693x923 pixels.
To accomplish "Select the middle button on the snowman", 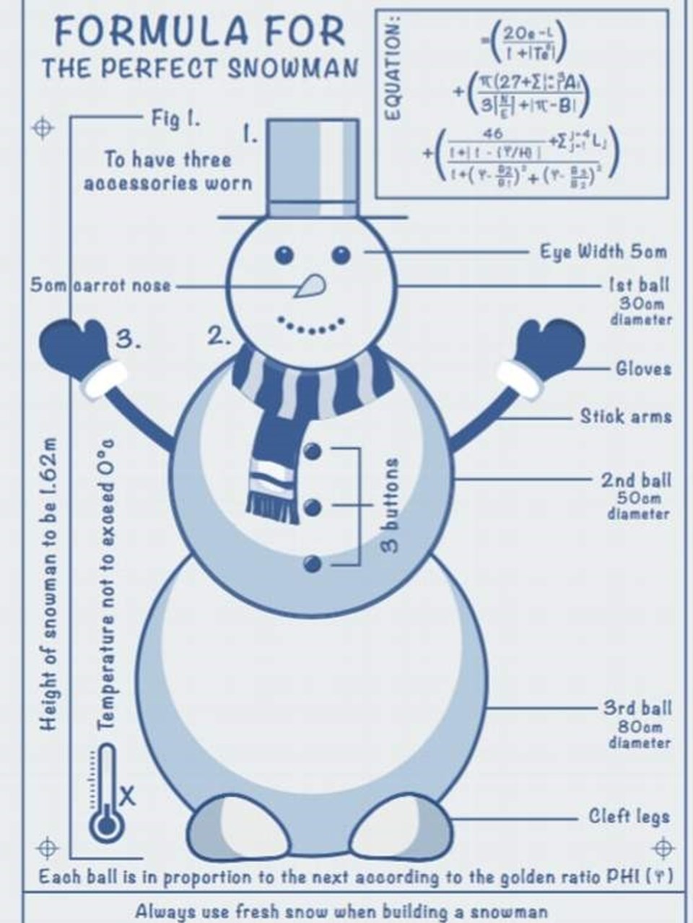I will tap(312, 507).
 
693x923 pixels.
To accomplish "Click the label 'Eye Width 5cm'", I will tap(603, 251).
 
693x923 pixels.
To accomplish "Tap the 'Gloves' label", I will tap(642, 368).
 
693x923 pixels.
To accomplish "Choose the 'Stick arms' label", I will tap(626, 416).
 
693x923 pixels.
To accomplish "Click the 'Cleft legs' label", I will tap(629, 817).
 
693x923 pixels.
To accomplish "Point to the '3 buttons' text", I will tap(391, 505).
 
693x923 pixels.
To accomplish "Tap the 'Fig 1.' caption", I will tap(175, 118).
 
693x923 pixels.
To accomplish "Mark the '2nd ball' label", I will tap(636, 480).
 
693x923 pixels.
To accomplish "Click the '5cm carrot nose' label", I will tap(101, 285).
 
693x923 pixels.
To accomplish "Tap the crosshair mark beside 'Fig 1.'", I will tap(43, 127).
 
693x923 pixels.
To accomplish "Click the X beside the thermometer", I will tap(126, 797).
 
